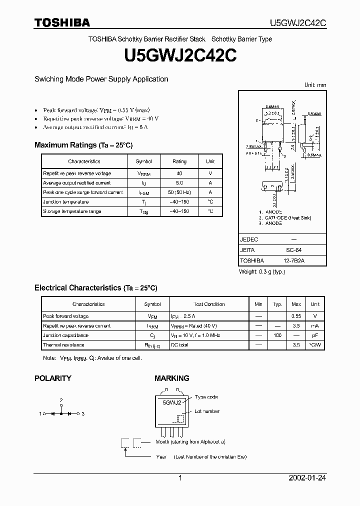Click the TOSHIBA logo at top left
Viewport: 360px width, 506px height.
[x=62, y=22]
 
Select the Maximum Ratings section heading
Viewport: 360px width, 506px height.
[x=83, y=145]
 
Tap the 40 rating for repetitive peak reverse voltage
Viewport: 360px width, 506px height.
[x=179, y=173]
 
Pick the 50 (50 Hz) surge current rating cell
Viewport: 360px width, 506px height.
[x=179, y=192]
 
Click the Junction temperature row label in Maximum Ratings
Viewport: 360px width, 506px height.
[x=65, y=202]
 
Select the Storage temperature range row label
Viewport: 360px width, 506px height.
[x=72, y=211]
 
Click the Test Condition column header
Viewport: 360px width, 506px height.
[x=209, y=304]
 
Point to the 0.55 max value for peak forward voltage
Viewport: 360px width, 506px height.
[x=296, y=316]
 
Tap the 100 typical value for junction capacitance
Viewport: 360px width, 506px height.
[x=277, y=335]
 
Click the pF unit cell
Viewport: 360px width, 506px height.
[x=315, y=335]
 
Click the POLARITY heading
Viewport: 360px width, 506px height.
[x=52, y=378]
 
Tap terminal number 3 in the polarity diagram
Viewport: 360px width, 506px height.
[x=83, y=414]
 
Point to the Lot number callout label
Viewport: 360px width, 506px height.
[x=207, y=411]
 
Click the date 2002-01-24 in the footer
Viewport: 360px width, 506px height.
[x=307, y=478]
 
